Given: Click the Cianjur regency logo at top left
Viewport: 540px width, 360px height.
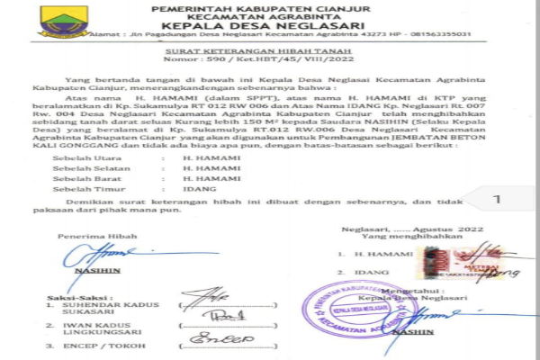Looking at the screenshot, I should pos(64,19).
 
